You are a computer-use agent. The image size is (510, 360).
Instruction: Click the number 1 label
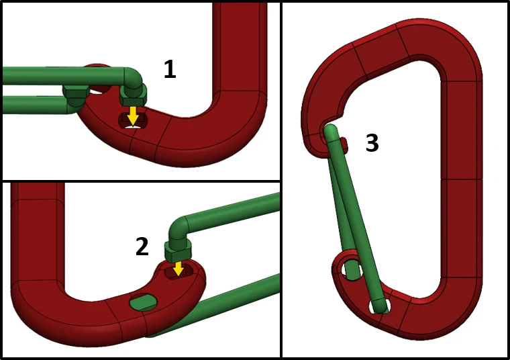click(x=170, y=70)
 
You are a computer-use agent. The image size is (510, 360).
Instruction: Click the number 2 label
click(x=142, y=246)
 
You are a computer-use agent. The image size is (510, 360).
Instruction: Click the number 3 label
click(x=372, y=143)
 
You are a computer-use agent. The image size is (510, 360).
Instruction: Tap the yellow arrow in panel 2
click(x=178, y=268)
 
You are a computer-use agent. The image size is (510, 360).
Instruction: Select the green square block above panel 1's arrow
click(x=133, y=95)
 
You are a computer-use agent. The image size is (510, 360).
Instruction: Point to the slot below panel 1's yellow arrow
click(x=133, y=120)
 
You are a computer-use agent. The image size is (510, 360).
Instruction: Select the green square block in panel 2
click(x=178, y=251)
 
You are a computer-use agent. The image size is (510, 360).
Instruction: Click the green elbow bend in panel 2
click(x=178, y=229)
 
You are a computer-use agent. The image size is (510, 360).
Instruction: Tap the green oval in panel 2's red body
click(x=143, y=302)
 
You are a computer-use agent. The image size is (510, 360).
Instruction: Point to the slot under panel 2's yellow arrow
click(x=178, y=271)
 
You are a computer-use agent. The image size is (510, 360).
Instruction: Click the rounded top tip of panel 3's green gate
click(x=331, y=130)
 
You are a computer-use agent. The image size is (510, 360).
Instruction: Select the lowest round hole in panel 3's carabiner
click(x=379, y=306)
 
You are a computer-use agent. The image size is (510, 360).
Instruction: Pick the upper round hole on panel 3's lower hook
click(x=352, y=270)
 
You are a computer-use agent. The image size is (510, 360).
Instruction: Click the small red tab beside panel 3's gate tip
click(x=344, y=145)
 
